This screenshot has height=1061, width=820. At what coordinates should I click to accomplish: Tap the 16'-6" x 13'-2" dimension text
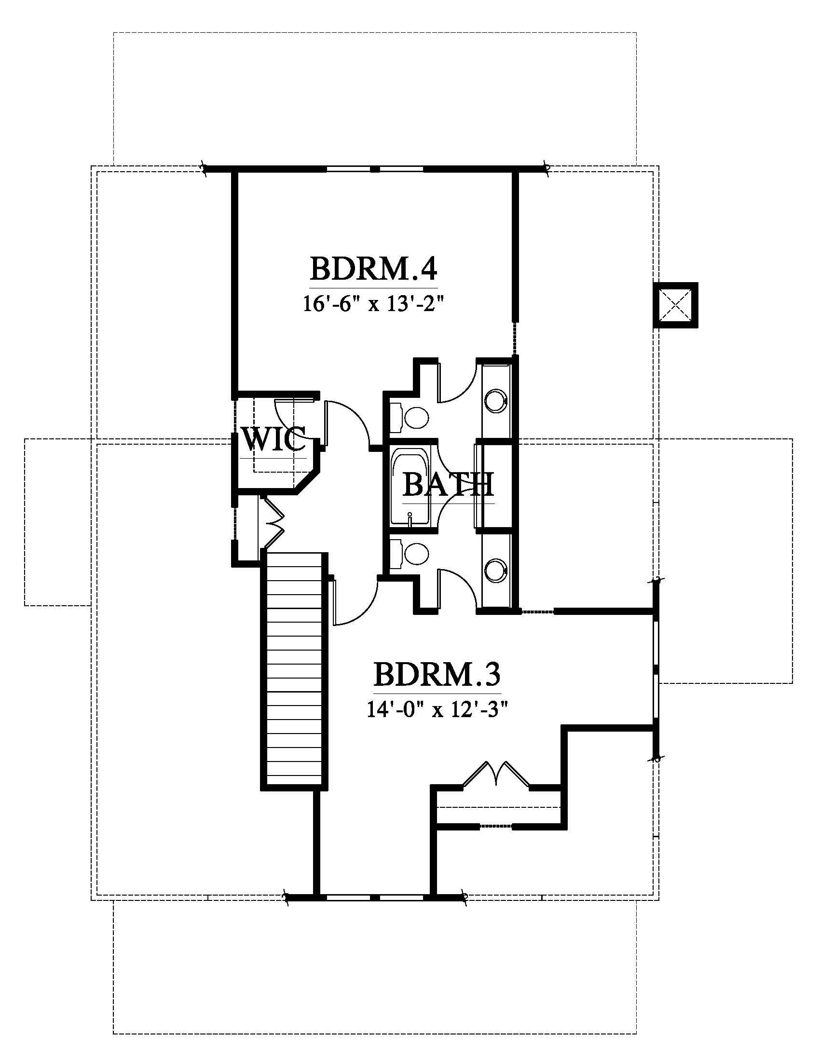pos(374,305)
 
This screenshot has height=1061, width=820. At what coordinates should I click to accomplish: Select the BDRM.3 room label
pos(437,674)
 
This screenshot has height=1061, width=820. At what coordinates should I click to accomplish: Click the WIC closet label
pos(274,440)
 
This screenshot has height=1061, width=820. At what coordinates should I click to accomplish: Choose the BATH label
pos(449,485)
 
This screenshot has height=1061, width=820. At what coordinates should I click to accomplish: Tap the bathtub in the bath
pos(410,487)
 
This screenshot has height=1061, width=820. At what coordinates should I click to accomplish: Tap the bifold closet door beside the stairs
pos(272,522)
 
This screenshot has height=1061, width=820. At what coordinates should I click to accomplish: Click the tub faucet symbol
pos(410,518)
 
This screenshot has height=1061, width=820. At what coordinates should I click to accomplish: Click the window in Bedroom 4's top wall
pos(374,169)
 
